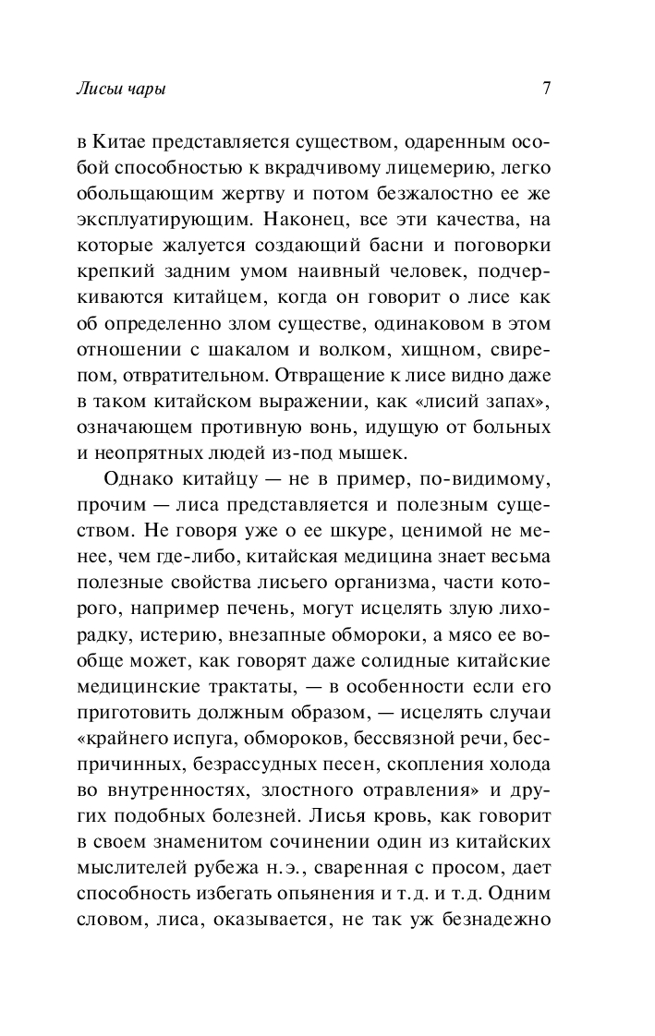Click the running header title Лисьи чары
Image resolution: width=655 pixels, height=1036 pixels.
coord(124,90)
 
